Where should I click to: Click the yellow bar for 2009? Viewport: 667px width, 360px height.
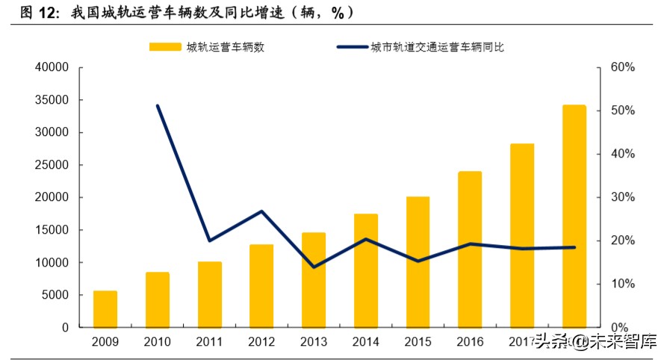pyautogui.click(x=105, y=309)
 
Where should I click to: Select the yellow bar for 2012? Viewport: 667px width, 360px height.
pyautogui.click(x=261, y=286)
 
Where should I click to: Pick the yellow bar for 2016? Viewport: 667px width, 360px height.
pyautogui.click(x=470, y=249)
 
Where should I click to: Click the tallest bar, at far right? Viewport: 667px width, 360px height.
pyautogui.click(x=574, y=217)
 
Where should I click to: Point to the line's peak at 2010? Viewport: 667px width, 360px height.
pyautogui.click(x=158, y=106)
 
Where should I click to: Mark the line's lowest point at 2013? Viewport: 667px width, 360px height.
pyautogui.click(x=314, y=267)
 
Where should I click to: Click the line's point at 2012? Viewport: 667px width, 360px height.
pyautogui.click(x=261, y=211)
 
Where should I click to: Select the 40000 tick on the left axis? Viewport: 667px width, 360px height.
pyautogui.click(x=52, y=68)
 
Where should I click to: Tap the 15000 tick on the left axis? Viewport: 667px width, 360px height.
pyautogui.click(x=52, y=230)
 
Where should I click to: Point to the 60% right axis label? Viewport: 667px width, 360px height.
pyautogui.click(x=621, y=68)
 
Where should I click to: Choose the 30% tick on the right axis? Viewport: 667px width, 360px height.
pyautogui.click(x=621, y=198)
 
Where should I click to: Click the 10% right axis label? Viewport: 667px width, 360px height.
pyautogui.click(x=621, y=285)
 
